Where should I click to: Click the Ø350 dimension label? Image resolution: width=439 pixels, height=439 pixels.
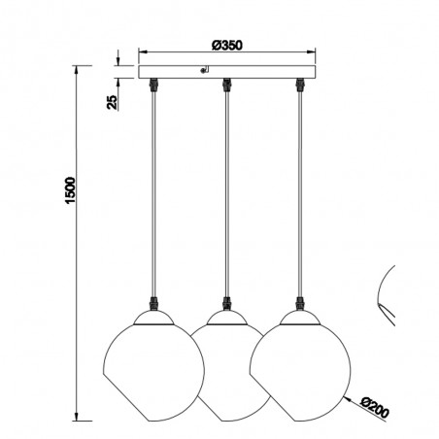point(227,46)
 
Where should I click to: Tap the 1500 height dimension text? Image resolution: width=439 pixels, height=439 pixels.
point(70,190)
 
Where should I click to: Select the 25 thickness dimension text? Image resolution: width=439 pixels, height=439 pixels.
point(112,102)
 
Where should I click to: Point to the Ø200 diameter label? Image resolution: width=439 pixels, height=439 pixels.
point(375,407)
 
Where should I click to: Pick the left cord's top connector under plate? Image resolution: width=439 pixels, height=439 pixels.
point(153,84)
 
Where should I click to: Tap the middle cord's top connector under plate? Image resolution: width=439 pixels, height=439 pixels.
point(226,84)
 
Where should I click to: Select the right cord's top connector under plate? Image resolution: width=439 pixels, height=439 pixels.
point(300,84)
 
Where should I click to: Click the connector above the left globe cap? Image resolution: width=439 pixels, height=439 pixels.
point(153,304)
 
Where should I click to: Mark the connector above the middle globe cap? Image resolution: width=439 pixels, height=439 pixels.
point(226,304)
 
